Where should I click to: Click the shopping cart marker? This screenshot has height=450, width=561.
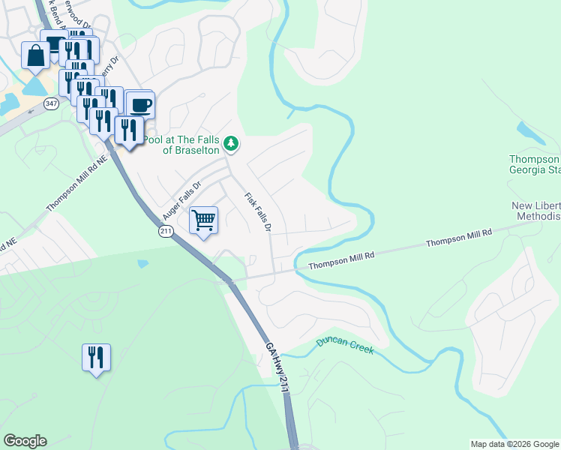click(203, 220)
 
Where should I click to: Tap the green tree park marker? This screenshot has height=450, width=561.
click(232, 143)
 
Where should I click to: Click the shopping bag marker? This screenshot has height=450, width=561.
click(35, 55)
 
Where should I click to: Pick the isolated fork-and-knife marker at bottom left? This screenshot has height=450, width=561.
click(96, 358)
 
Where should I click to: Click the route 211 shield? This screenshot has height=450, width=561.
click(166, 232)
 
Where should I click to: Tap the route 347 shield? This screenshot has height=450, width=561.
click(51, 103)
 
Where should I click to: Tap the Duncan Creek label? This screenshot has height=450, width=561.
click(343, 344)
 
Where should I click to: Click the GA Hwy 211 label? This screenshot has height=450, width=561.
click(276, 367)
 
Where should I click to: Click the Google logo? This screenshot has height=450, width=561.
click(25, 441)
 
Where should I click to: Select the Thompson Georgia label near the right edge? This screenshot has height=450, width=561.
click(534, 165)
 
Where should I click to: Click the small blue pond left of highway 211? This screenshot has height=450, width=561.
click(143, 264)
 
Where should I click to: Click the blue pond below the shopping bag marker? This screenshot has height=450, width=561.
click(34, 86)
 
